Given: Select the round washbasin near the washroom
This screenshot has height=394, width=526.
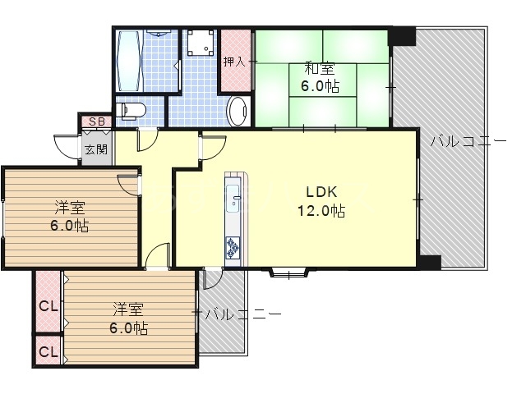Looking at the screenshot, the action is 238,112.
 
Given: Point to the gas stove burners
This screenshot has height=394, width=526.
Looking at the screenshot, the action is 233,247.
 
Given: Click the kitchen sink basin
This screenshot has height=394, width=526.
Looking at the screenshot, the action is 233,199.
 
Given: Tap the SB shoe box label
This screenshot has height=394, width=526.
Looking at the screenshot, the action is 97,121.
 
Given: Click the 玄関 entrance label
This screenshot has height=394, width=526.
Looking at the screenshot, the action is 96,149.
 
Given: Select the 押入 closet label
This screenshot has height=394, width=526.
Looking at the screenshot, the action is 234,62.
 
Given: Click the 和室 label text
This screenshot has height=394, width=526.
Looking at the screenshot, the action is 320,69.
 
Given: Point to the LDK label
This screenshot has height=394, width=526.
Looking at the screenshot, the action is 321,192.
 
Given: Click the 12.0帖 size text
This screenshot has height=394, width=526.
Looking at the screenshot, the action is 321,211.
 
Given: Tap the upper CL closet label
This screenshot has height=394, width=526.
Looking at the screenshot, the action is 48,306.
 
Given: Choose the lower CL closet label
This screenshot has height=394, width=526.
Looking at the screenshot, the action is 48,352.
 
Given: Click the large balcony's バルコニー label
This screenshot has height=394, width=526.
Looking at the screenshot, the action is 468,141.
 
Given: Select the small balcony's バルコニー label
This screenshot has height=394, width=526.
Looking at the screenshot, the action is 243,314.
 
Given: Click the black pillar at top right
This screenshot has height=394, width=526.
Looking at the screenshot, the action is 402,36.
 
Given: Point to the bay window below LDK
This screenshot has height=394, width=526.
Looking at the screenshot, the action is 288,273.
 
